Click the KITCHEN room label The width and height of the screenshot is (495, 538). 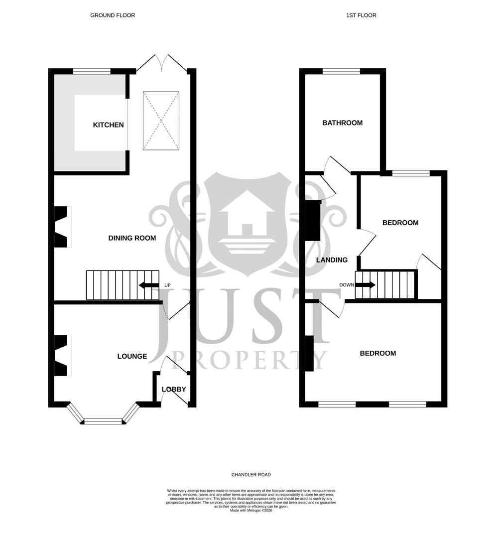pyautogui.click(x=108, y=125)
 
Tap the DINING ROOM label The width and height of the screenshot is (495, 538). pyautogui.click(x=132, y=238)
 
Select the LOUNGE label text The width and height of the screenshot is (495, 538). pyautogui.click(x=132, y=356)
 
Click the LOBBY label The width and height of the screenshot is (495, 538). pyautogui.click(x=174, y=389)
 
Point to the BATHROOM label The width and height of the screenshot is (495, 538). pyautogui.click(x=342, y=123)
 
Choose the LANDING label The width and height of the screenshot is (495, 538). pyautogui.click(x=332, y=260)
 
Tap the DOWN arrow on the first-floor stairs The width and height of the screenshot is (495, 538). pyautogui.click(x=366, y=285)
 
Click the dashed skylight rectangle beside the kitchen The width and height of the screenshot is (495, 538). pyautogui.click(x=161, y=121)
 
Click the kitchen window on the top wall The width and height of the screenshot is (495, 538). pyautogui.click(x=92, y=72)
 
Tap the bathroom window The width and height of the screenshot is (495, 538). pyautogui.click(x=341, y=72)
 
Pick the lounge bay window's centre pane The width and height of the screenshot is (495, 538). pyautogui.click(x=103, y=421)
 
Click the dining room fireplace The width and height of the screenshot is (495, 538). pyautogui.click(x=62, y=227)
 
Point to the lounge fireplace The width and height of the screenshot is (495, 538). pyautogui.click(x=62, y=355)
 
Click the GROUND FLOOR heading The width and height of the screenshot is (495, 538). pyautogui.click(x=113, y=15)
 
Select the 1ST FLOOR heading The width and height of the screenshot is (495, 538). pyautogui.click(x=361, y=15)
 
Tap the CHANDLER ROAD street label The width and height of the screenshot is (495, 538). pyautogui.click(x=251, y=475)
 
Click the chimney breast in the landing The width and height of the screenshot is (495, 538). pyautogui.click(x=313, y=221)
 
